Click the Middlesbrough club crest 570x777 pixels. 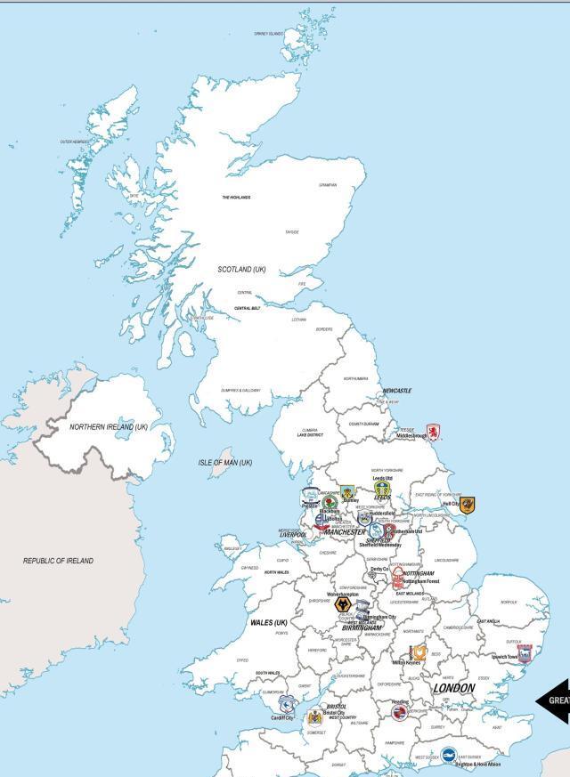coord(433,432)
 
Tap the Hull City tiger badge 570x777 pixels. coord(467,506)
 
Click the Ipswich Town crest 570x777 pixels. coord(525,654)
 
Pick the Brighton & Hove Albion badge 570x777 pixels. coord(450,755)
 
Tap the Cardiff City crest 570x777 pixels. coord(287,707)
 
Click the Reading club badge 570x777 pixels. coord(401,712)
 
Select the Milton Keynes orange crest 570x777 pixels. coord(418,653)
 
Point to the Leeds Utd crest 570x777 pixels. coord(382,490)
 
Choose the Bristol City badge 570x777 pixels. coord(315,718)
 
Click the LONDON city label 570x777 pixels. coord(454,689)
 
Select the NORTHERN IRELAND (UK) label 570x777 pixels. coord(109,427)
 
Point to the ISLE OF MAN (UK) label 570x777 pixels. coord(224,463)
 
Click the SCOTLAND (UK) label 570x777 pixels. coord(241,269)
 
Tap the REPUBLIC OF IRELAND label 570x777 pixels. coord(58,561)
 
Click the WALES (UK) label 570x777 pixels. coord(268,622)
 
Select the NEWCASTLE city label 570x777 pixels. coord(397,391)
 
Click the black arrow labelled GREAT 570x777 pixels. coord(552,700)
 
